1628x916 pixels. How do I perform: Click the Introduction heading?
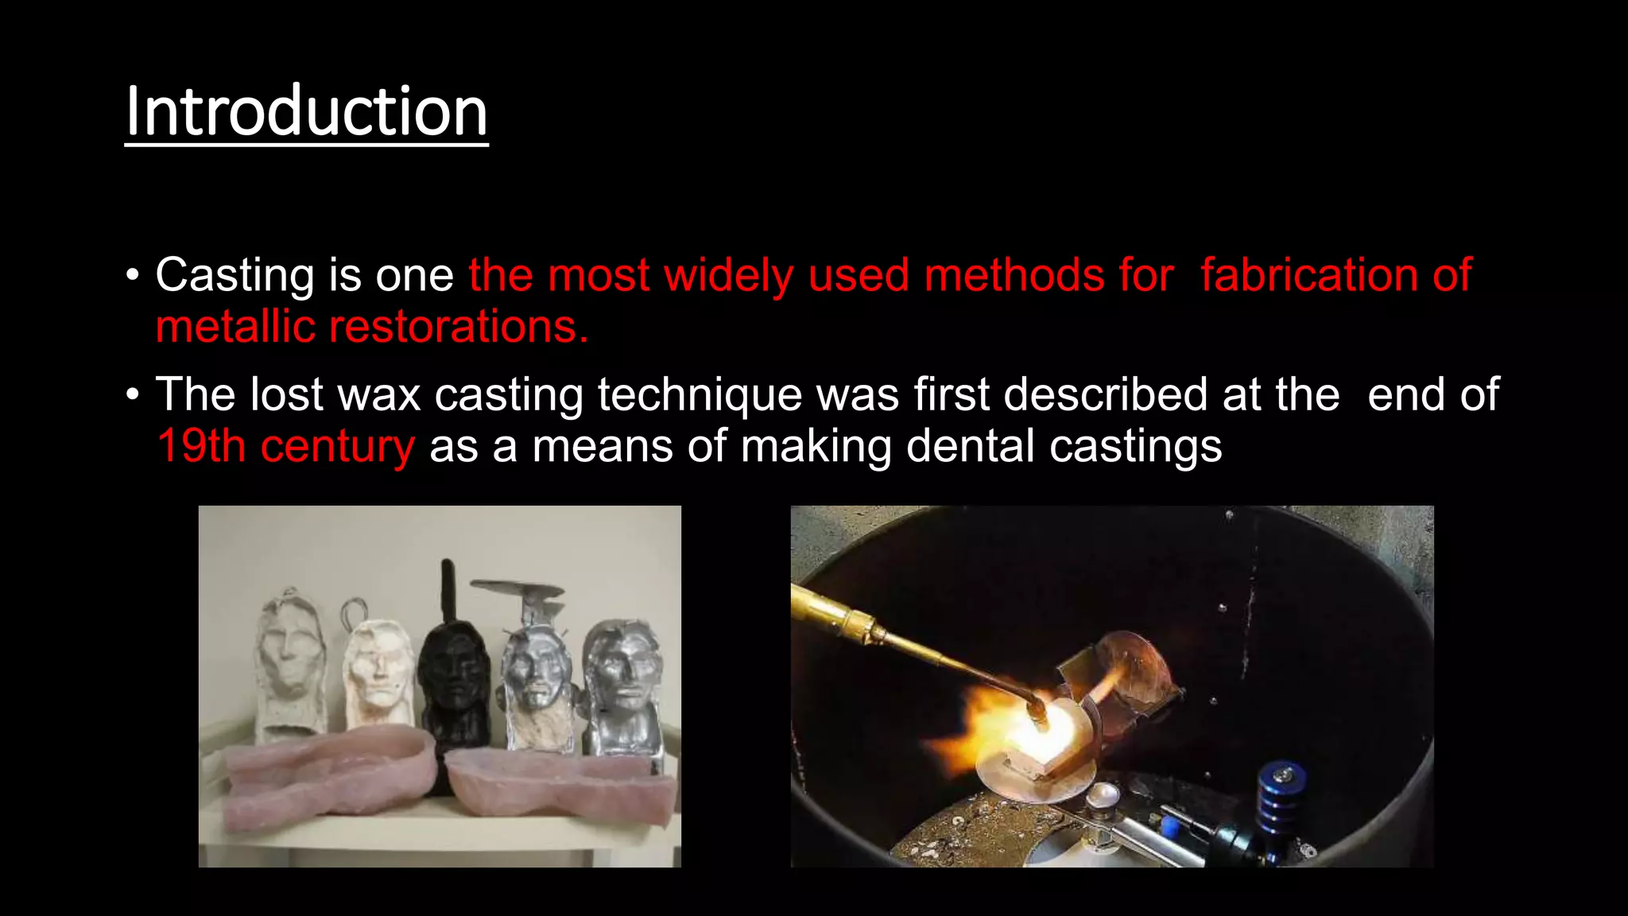[x=306, y=112]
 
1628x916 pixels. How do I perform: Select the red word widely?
[x=729, y=276]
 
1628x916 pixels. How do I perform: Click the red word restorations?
[x=459, y=327]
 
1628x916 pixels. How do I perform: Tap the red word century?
[x=338, y=446]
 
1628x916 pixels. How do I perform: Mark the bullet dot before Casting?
[x=133, y=277]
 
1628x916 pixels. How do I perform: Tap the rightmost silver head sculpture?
[x=624, y=684]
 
